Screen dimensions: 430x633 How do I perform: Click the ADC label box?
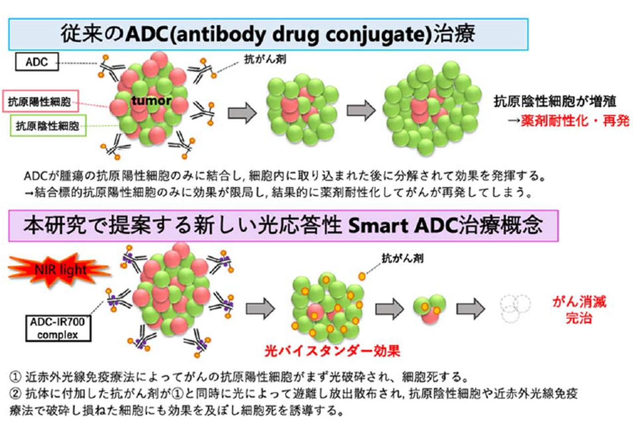[37, 62]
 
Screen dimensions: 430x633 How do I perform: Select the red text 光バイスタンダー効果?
[331, 351]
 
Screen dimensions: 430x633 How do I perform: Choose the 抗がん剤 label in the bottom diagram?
[402, 258]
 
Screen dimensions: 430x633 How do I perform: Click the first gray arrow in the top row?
[242, 113]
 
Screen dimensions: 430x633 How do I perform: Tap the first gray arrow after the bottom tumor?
[260, 309]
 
